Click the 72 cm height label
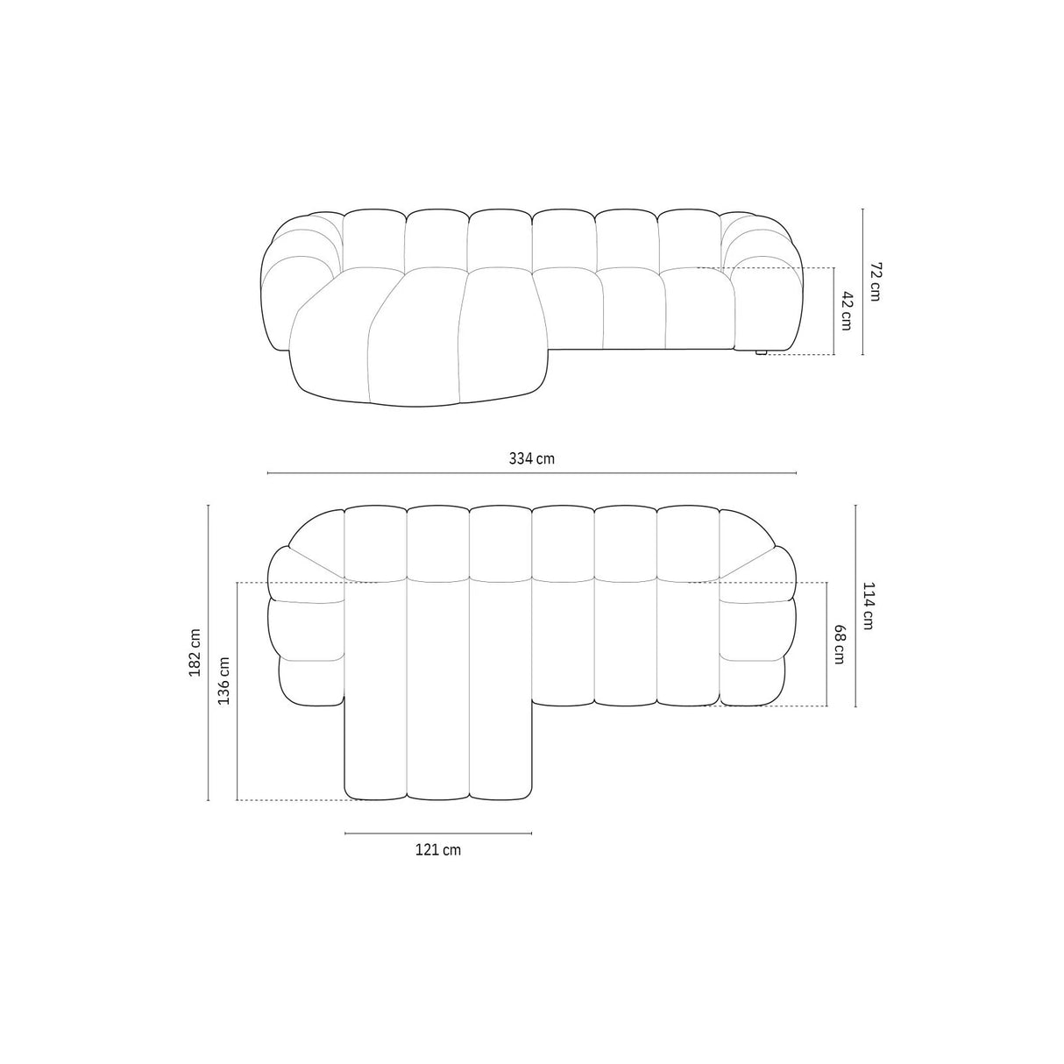coord(873,281)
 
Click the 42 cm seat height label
coord(846,310)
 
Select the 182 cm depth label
coord(195,652)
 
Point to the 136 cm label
coord(223,681)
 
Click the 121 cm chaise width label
coord(438,849)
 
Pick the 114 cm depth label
coord(868,606)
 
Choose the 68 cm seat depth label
coord(840,643)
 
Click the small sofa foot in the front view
coord(761,352)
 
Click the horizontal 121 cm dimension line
coord(438,833)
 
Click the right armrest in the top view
coord(755,622)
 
